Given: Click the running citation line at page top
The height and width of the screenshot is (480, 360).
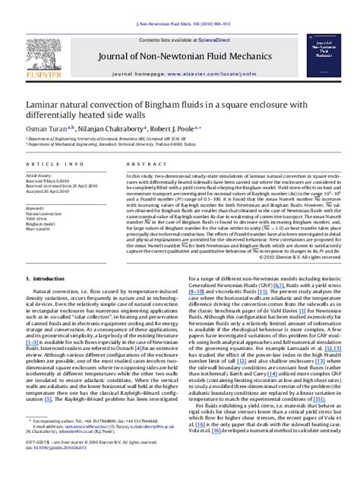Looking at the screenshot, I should tap(179, 4).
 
